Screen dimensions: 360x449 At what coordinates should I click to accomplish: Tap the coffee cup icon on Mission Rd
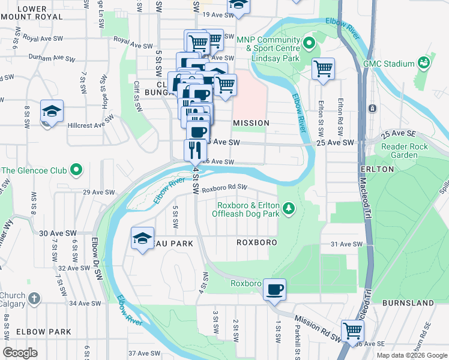[x=274, y=290]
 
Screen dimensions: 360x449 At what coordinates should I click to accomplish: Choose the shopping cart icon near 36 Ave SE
[x=352, y=331]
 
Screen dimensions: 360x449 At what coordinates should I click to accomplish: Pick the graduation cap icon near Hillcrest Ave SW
[x=52, y=112]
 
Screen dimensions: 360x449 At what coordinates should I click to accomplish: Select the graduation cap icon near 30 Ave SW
[x=142, y=239]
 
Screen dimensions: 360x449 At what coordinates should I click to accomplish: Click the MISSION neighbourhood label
[x=251, y=123]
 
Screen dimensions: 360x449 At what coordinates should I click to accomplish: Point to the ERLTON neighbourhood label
[x=377, y=169]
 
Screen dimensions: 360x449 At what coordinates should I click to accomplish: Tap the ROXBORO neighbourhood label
[x=256, y=242]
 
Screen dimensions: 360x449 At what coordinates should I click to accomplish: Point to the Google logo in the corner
[x=20, y=353]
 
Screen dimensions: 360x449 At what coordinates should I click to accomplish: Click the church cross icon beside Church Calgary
[x=35, y=298]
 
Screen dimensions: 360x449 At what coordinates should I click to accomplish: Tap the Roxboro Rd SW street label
[x=224, y=188]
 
